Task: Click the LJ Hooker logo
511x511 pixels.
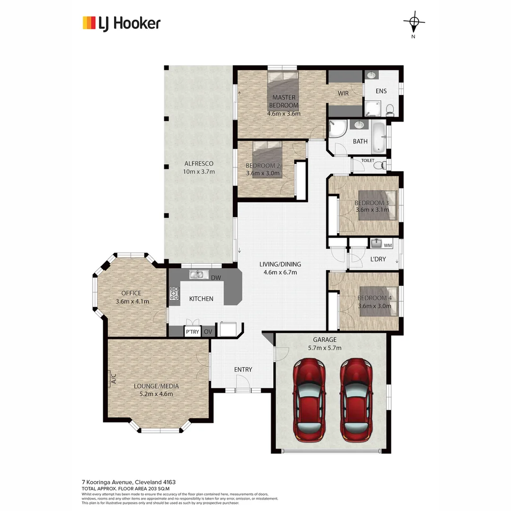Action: [x=122, y=23]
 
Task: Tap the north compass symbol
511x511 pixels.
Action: [x=414, y=22]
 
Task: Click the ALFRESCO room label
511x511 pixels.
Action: [x=199, y=164]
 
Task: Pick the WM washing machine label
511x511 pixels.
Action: [x=388, y=245]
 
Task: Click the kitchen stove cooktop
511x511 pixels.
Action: [x=174, y=294]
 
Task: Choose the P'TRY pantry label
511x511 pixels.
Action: [x=192, y=332]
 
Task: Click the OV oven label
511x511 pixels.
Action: [x=207, y=332]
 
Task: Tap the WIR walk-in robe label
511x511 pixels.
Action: [x=343, y=93]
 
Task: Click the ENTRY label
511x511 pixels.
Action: [x=243, y=370]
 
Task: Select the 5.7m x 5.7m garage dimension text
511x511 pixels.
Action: [x=325, y=348]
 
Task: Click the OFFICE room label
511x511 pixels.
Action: [x=131, y=293]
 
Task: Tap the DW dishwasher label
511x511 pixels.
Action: [x=216, y=278]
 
